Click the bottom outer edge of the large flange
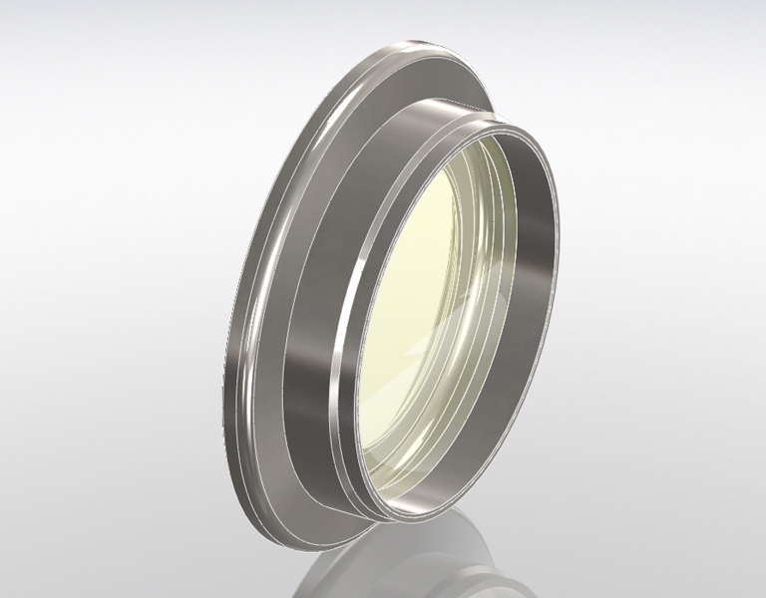[x=299, y=538]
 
